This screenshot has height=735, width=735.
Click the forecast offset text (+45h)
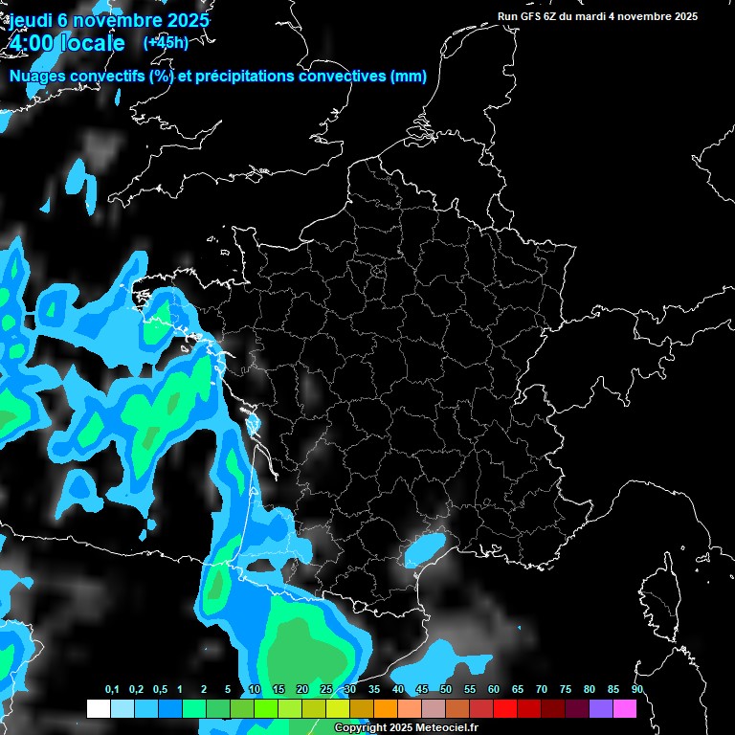click(166, 42)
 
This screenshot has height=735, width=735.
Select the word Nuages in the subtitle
click(36, 77)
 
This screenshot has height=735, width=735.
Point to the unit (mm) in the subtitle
click(409, 77)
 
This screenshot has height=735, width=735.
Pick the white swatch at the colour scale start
click(98, 708)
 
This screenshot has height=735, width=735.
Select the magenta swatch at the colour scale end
click(625, 708)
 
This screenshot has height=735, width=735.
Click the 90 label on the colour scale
click(637, 690)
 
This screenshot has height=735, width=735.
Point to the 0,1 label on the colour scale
click(112, 690)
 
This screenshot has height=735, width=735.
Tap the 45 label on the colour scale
click(422, 690)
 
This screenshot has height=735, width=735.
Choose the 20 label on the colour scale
click(302, 690)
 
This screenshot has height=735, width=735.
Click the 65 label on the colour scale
click(518, 690)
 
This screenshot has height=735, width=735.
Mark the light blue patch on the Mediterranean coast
click(424, 548)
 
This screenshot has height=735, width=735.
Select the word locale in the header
click(91, 43)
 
